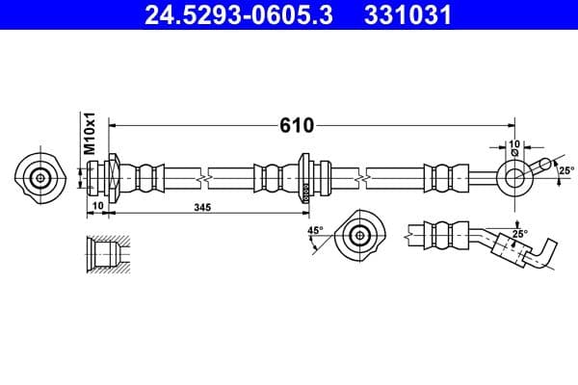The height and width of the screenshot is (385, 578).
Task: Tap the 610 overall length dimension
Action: pyautogui.click(x=298, y=125)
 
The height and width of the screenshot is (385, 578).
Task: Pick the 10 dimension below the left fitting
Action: pyautogui.click(x=97, y=207)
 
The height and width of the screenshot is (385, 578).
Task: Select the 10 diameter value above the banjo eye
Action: pyautogui.click(x=514, y=143)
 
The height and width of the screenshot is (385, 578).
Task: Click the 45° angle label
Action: pyautogui.click(x=314, y=231)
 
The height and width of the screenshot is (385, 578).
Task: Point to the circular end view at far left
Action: pyautogui.click(x=40, y=177)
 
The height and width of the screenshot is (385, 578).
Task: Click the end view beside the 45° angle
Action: pyautogui.click(x=361, y=235)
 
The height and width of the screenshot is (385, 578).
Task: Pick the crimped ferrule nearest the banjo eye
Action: pyautogui.click(x=441, y=177)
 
